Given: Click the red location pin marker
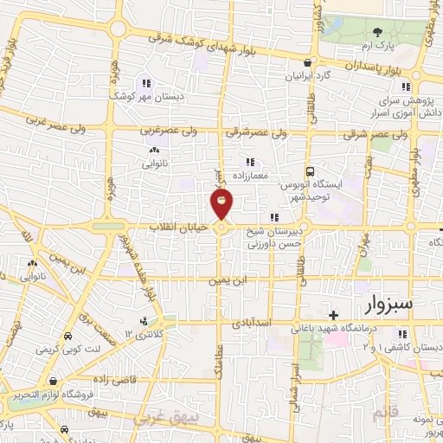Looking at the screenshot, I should (x=221, y=204).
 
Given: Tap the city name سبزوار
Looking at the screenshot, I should (x=384, y=305).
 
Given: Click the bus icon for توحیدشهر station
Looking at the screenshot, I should (x=310, y=171).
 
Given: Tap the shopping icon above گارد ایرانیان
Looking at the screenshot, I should (x=309, y=62).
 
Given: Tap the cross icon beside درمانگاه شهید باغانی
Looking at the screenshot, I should (x=333, y=314).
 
